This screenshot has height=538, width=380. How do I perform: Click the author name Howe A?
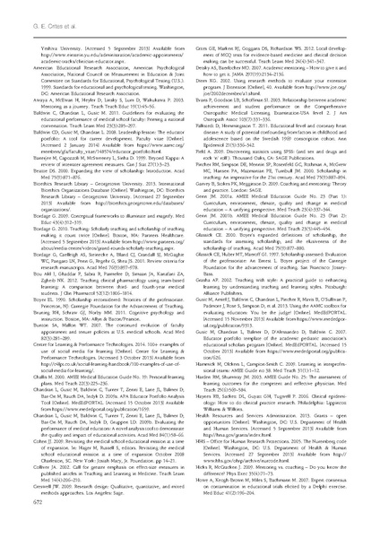pos(203,499)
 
